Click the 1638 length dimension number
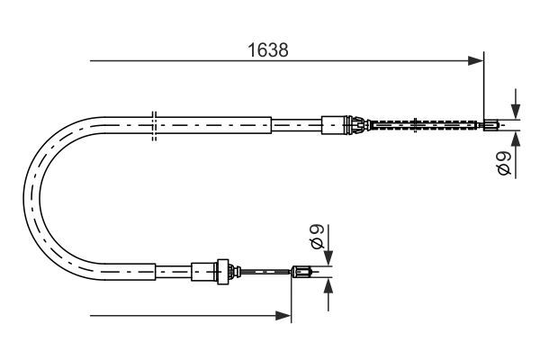point(268,51)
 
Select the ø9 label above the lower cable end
point(316,238)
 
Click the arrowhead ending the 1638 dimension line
point(477,61)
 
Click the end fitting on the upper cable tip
point(491,124)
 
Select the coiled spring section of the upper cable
point(423,124)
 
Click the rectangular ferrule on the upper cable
point(334,123)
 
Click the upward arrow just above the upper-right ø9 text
point(516,139)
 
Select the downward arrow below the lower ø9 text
point(327,256)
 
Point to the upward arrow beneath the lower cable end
point(327,285)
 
